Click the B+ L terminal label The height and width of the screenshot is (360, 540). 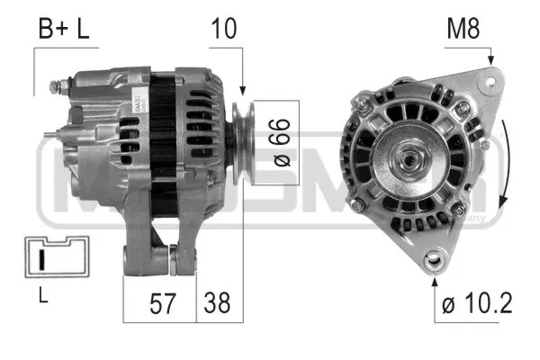tap(63, 29)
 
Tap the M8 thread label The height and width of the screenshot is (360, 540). tap(463, 29)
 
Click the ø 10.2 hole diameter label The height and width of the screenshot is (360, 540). tap(478, 302)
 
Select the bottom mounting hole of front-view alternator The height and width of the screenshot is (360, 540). tap(437, 262)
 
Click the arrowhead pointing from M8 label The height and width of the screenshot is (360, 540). tap(491, 61)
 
